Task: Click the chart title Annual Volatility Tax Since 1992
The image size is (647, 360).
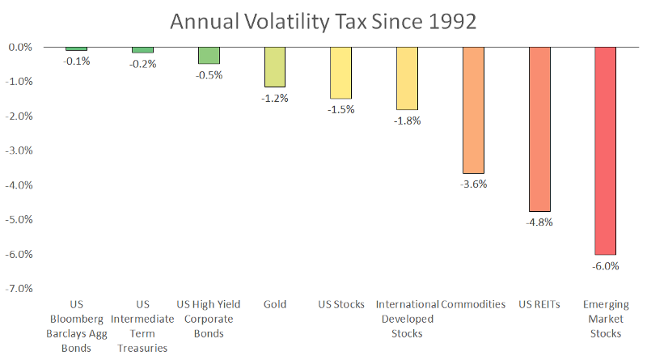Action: [x=323, y=19]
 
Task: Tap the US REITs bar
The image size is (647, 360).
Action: [x=539, y=129]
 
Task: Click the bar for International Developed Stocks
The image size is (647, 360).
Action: [x=407, y=78]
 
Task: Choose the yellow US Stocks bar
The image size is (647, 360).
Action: [x=340, y=73]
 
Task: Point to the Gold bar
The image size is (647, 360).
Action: [x=275, y=67]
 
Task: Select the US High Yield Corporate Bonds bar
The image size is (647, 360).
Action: [x=209, y=55]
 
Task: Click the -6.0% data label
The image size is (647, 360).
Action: [x=605, y=265]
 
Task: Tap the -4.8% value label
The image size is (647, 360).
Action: [x=539, y=222]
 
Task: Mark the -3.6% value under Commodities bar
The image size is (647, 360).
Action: [x=473, y=184]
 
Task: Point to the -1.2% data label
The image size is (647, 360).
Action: [x=275, y=98]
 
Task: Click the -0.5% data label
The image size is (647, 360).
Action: [x=209, y=75]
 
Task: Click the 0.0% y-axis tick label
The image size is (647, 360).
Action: [x=20, y=47]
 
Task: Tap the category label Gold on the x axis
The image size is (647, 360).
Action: [x=275, y=305]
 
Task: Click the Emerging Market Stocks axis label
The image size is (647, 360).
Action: [x=605, y=319]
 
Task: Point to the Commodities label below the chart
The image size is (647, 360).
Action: [x=473, y=305]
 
